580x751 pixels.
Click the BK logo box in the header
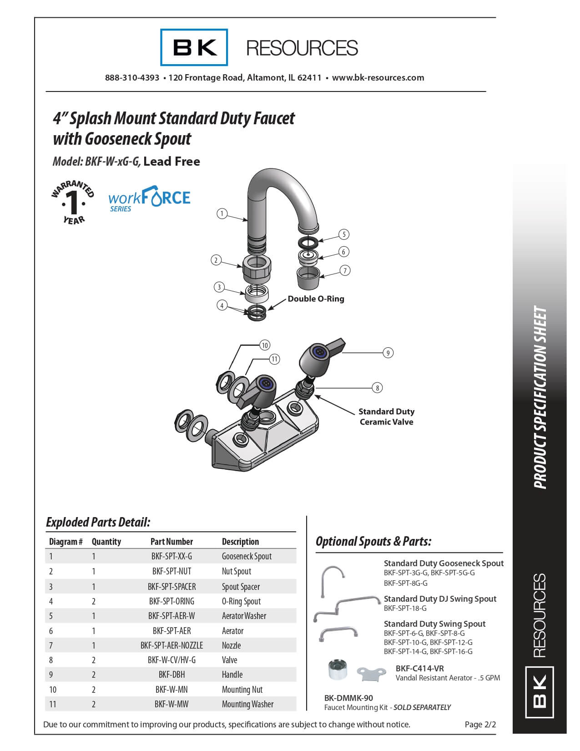pos(194,47)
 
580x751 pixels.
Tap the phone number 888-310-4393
pos(132,78)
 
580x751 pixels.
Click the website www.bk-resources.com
pos(378,78)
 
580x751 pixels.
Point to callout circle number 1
pos(222,213)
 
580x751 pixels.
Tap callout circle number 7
pos(345,271)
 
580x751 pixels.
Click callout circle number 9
pos(388,353)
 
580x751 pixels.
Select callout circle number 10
pos(265,345)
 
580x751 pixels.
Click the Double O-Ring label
pos(316,299)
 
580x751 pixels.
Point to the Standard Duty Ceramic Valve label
pos(386,416)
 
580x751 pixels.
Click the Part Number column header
pos(171,542)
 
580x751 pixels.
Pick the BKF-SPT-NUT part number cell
pos(171,571)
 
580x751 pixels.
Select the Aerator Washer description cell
pos(244,616)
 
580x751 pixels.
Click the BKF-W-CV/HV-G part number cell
pos(171,660)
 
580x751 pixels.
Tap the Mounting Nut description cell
pos(242,690)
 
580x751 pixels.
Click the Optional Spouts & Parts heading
pos(373,542)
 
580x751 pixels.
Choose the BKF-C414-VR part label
pos(419,669)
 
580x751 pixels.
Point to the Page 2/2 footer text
pos(480,725)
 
